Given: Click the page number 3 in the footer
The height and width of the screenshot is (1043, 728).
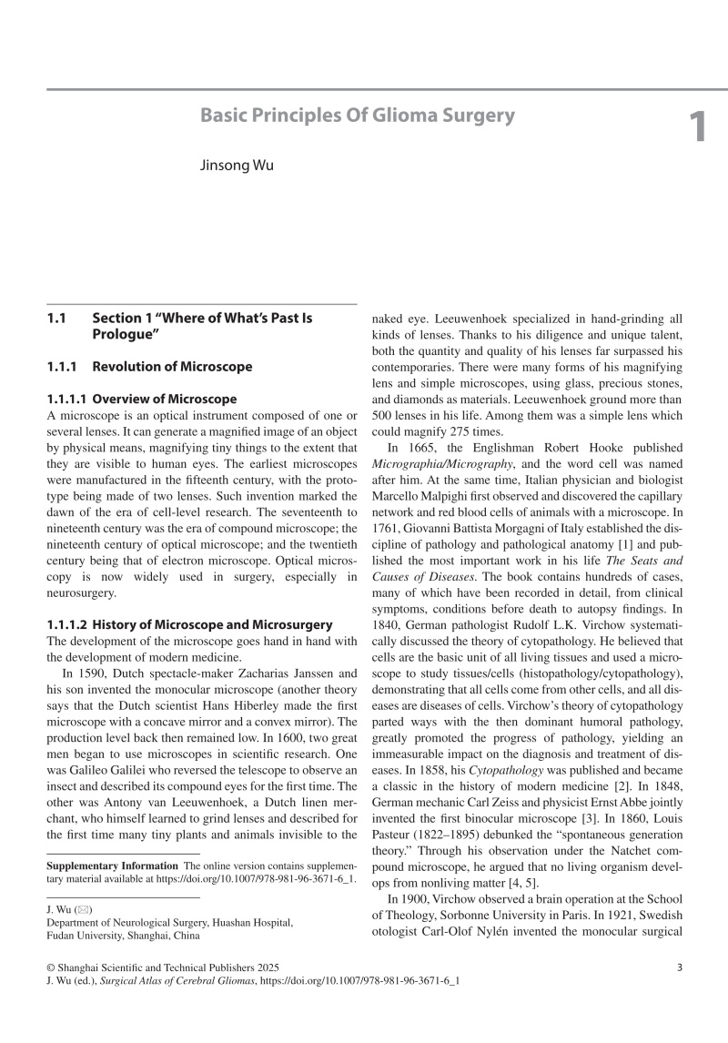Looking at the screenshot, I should click(x=680, y=967).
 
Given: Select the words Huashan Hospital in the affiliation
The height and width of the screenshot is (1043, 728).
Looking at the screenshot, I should click(x=253, y=922).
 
